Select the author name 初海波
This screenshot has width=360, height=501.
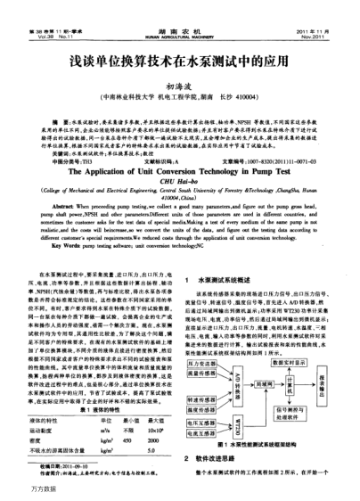180,88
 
